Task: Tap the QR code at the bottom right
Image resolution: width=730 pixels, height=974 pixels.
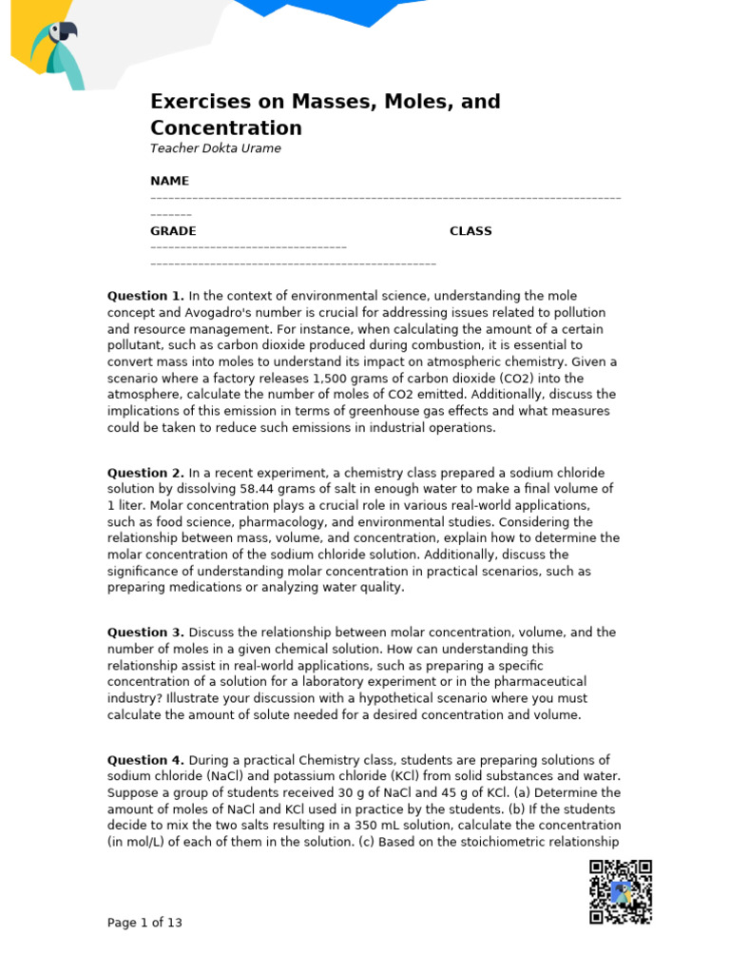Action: pyautogui.click(x=621, y=891)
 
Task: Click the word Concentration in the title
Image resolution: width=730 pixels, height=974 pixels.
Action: pyautogui.click(x=226, y=128)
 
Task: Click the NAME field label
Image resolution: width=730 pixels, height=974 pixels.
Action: pyautogui.click(x=169, y=181)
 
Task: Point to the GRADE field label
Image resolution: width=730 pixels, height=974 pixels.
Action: pyautogui.click(x=173, y=231)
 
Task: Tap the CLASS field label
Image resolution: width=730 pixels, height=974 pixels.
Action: pyautogui.click(x=471, y=231)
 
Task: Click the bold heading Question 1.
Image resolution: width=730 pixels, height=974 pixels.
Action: pyautogui.click(x=145, y=297)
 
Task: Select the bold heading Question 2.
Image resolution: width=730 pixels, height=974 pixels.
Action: pyautogui.click(x=145, y=473)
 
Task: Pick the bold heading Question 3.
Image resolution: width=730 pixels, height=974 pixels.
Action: pyautogui.click(x=145, y=633)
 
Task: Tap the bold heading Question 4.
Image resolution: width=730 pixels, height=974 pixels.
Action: pyautogui.click(x=145, y=760)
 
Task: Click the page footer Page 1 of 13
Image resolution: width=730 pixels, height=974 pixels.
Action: pyautogui.click(x=144, y=923)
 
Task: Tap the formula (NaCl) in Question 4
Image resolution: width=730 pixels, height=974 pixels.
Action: pyautogui.click(x=213, y=777)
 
